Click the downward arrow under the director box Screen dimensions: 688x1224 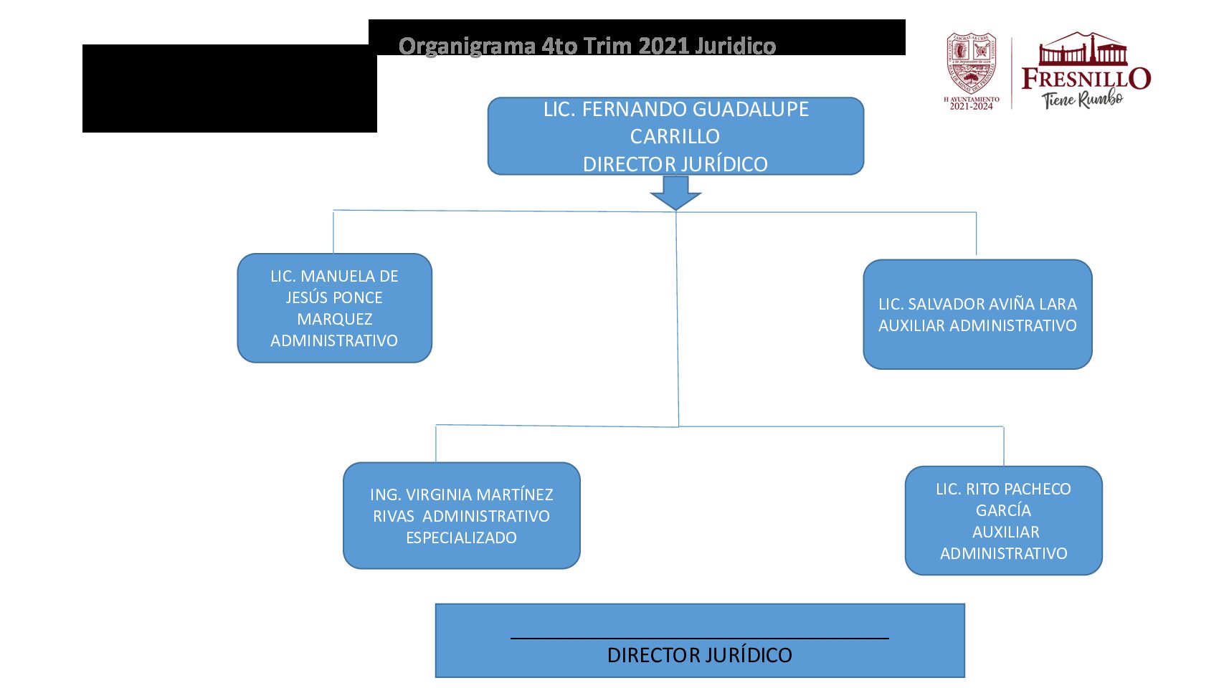[675, 193]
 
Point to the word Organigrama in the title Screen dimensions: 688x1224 [467, 46]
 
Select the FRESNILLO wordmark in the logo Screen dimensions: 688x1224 [1086, 78]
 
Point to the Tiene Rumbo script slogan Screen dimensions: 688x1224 [1083, 100]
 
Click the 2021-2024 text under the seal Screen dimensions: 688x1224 [972, 107]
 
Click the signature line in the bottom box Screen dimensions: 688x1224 [699, 637]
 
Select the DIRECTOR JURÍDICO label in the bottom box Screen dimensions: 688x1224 [699, 655]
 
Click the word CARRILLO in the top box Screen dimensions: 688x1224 [675, 136]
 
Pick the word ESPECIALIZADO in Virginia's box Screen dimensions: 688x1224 [461, 537]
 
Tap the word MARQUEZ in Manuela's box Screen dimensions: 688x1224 [335, 319]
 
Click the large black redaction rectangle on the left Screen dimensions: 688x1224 [229, 89]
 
